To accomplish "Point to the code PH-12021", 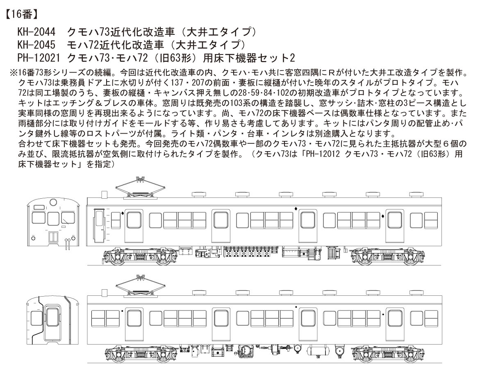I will coord(37,57).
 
